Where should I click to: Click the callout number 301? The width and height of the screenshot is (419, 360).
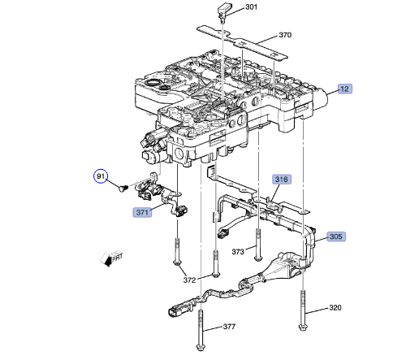pos(251,8)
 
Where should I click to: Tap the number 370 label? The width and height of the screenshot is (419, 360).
pos(284,35)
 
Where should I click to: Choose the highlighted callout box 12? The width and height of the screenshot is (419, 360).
pos(344,88)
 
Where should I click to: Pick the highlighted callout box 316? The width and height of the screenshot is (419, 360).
pos(281,180)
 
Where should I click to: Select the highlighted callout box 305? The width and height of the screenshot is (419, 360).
pos(335,237)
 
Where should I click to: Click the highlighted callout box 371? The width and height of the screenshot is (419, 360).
pos(143,213)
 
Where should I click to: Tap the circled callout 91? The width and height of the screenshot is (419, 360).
pos(102,176)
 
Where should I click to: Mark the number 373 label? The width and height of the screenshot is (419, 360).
pos(238,252)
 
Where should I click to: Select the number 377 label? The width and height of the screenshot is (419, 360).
pos(229,327)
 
